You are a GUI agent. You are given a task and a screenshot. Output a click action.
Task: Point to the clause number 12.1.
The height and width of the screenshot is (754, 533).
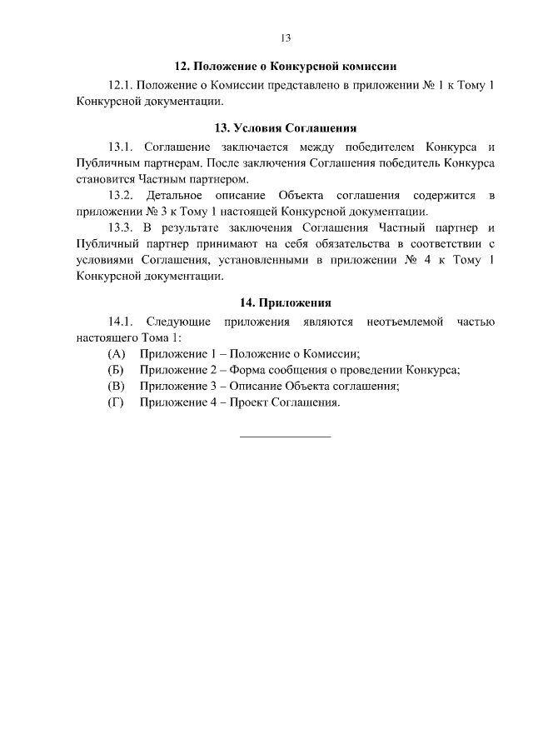click(x=120, y=85)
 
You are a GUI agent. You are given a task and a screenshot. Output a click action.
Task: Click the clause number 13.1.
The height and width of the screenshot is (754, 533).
click(x=120, y=147)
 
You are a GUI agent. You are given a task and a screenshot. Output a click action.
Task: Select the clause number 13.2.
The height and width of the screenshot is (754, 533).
click(x=120, y=195)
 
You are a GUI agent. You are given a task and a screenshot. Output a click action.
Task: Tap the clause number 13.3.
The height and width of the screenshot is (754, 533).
click(x=120, y=227)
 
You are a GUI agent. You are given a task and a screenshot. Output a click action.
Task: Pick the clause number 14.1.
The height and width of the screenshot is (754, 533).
click(x=120, y=322)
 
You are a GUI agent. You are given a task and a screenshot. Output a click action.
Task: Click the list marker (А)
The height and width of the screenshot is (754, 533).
click(x=116, y=353)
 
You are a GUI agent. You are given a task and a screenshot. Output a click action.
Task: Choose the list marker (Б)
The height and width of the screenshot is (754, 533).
click(x=116, y=370)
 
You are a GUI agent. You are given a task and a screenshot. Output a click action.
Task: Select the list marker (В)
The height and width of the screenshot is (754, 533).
click(x=116, y=386)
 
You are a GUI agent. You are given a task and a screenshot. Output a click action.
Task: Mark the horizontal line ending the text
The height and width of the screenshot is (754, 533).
click(x=285, y=436)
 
